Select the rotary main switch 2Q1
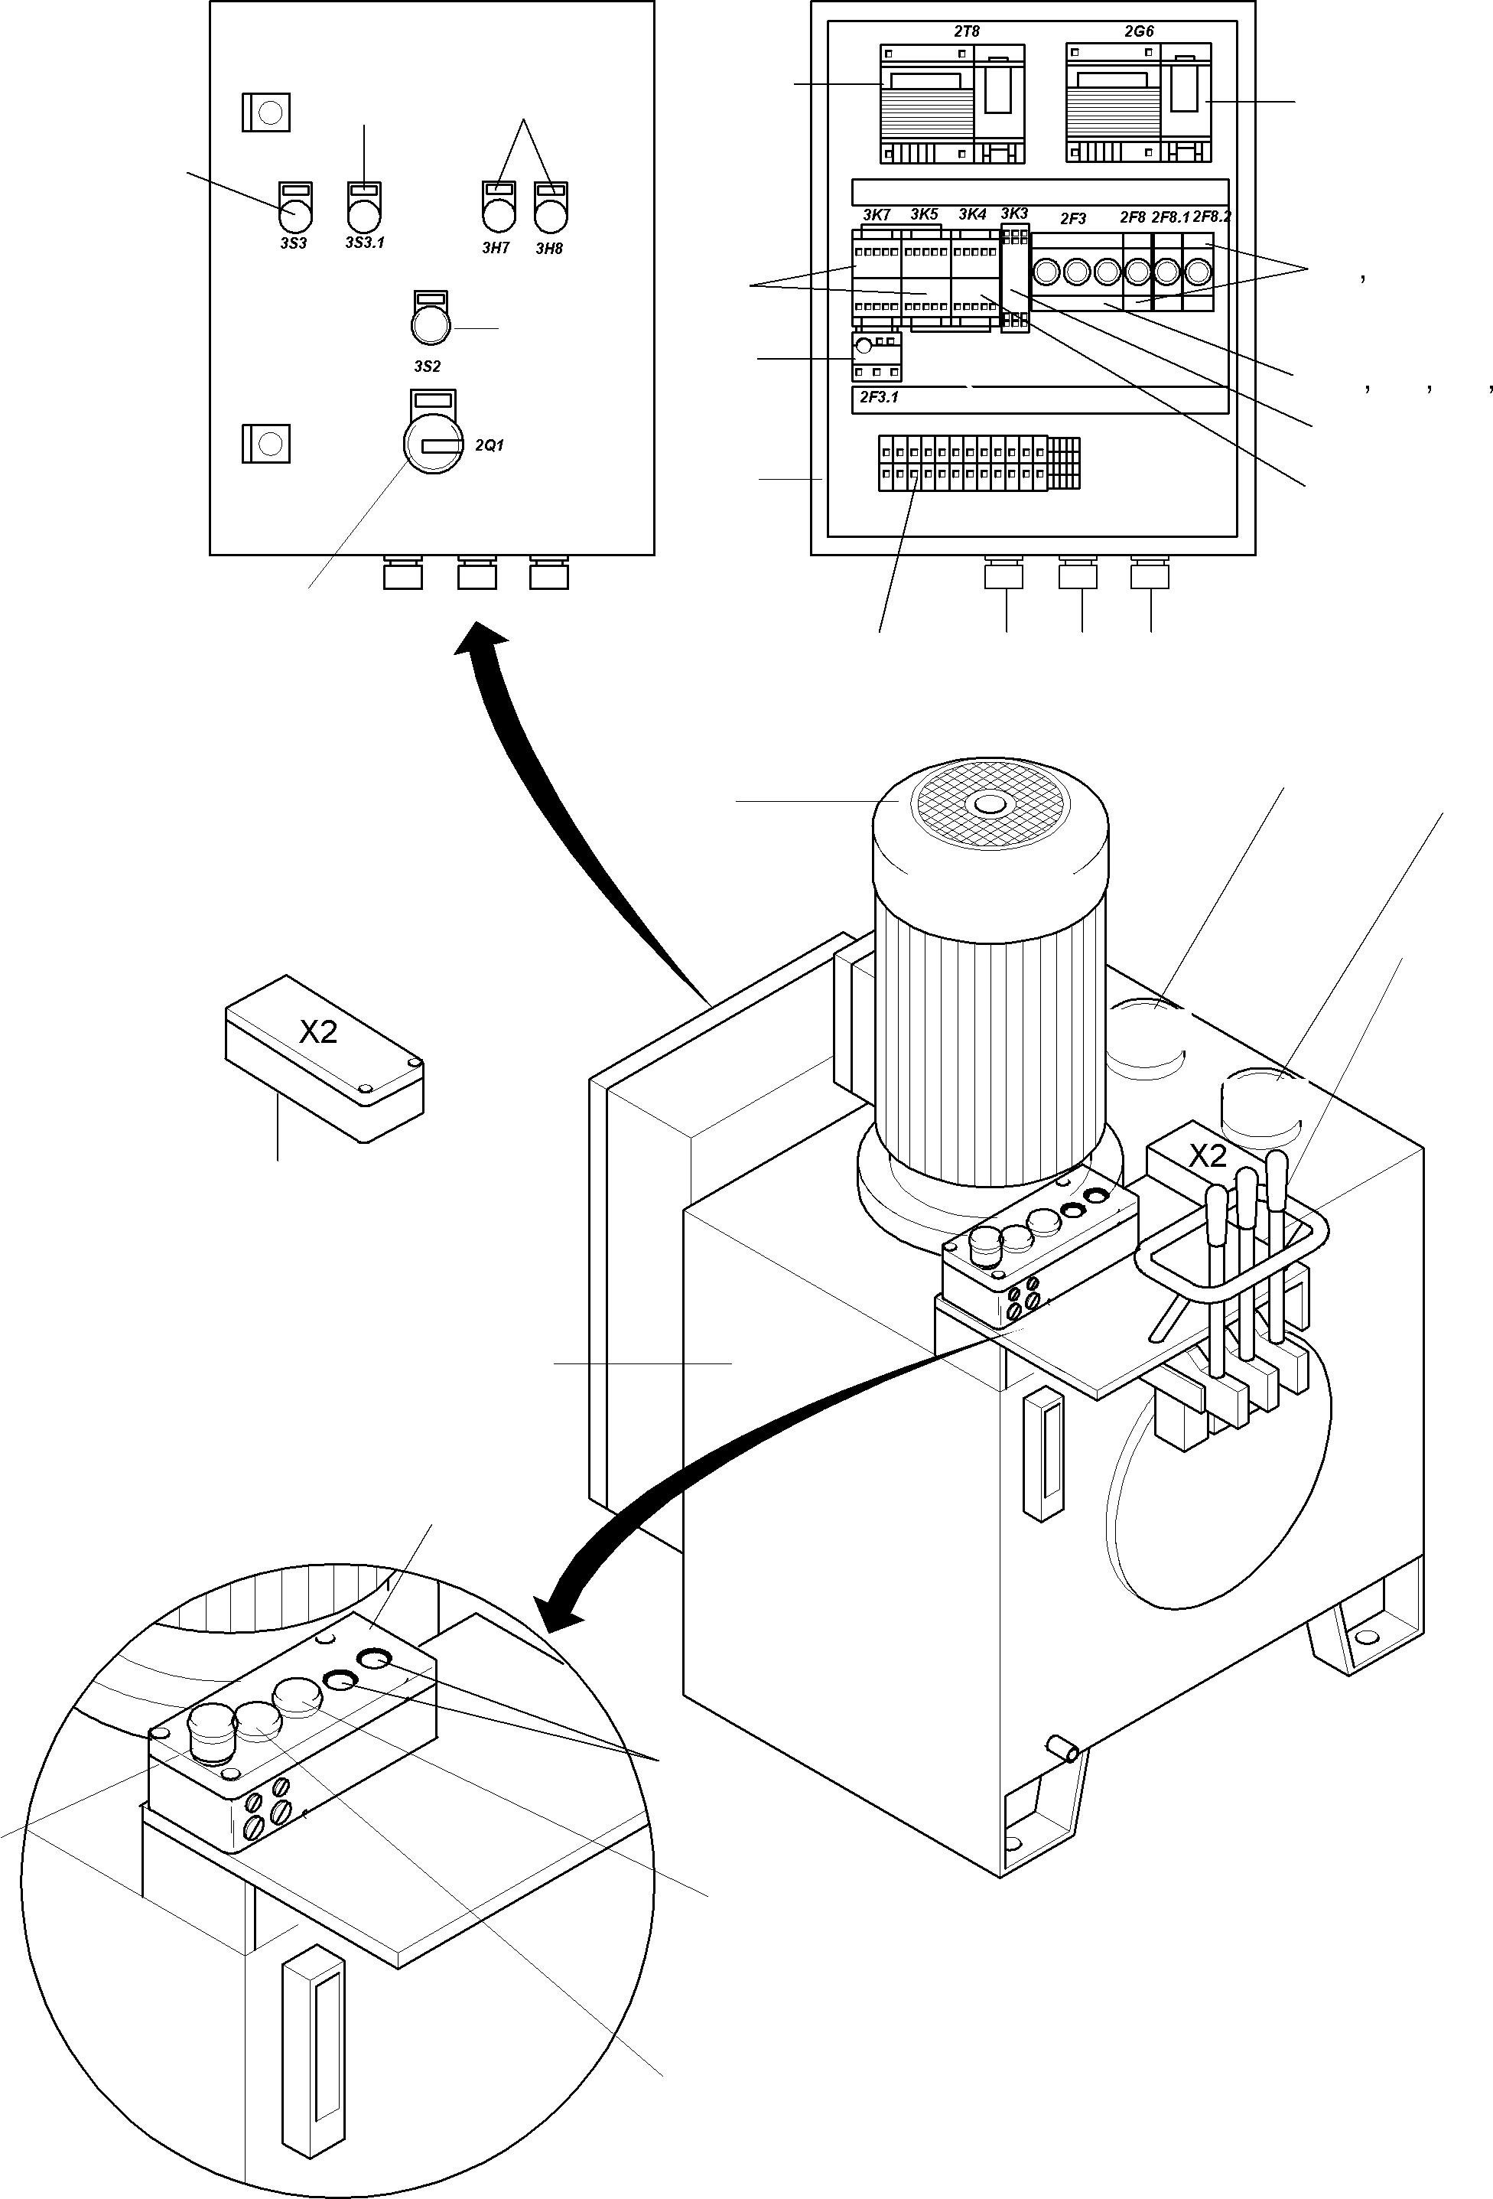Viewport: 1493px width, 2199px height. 432,445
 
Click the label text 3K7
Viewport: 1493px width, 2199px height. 876,215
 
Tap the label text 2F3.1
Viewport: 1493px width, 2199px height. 879,397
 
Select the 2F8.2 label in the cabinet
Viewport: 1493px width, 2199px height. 1211,217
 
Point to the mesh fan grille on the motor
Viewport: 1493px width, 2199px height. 990,805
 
